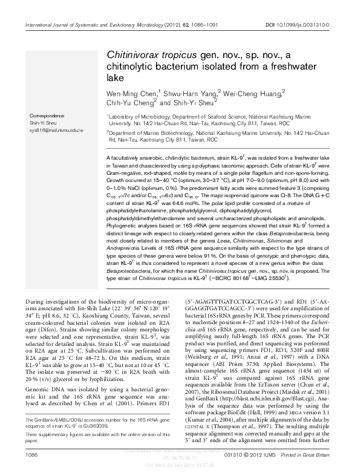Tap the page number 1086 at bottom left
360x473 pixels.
click(27, 453)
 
